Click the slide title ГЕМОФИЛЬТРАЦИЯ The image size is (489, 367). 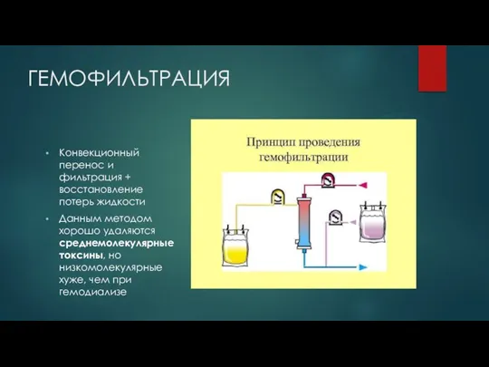click(x=129, y=79)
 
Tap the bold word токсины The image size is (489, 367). click(x=81, y=256)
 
